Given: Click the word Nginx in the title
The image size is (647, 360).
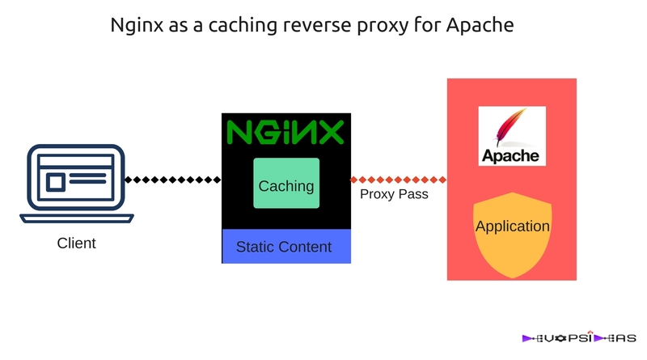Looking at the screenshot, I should (x=135, y=26).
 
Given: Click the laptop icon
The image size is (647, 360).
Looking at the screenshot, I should (x=75, y=184).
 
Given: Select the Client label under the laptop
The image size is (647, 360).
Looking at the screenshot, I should (x=76, y=243).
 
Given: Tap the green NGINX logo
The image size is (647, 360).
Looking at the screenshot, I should (x=285, y=131).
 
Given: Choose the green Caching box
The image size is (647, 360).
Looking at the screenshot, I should (x=286, y=184).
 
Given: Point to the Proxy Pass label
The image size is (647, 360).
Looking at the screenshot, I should (x=394, y=195).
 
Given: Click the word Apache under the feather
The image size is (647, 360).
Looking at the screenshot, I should (x=512, y=155).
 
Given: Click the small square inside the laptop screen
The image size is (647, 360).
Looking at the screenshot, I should (x=55, y=182).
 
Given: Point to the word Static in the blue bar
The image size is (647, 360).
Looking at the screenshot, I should (x=255, y=247).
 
